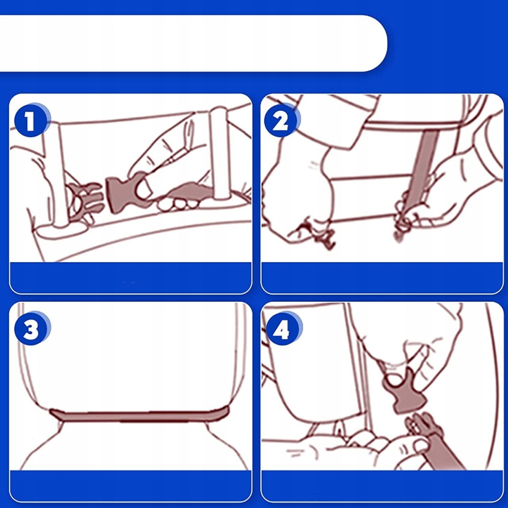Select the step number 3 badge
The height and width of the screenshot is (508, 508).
(31, 329)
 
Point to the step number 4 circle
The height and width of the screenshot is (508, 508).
(282, 329)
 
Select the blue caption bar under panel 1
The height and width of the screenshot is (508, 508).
(131, 278)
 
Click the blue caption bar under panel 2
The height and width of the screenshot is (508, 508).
(383, 278)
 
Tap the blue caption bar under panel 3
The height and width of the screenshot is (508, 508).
(131, 485)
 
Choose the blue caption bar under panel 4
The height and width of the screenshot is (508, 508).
(383, 485)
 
